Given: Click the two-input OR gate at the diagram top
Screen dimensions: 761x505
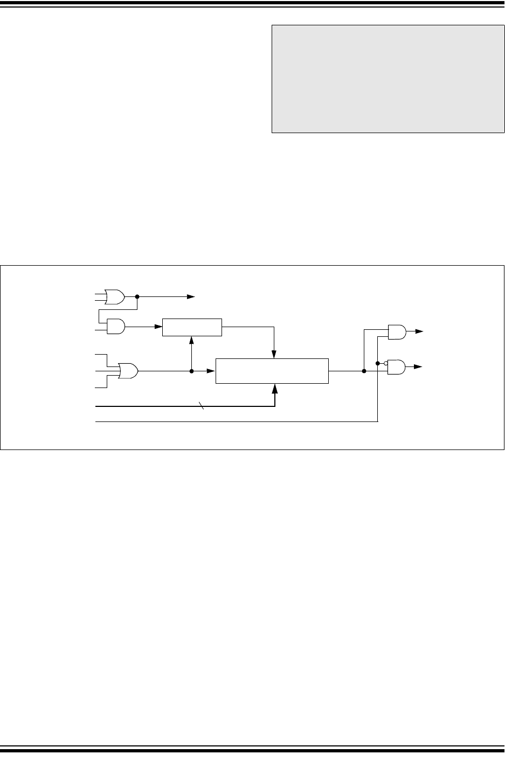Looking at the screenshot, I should (115, 297).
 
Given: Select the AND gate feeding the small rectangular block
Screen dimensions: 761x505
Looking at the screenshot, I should (116, 326).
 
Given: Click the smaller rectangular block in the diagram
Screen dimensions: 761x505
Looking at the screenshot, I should (192, 327).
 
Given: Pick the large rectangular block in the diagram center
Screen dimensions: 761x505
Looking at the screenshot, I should (272, 371).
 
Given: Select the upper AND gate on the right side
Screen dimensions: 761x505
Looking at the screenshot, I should (397, 332).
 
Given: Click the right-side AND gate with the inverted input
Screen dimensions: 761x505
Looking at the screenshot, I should (397, 367).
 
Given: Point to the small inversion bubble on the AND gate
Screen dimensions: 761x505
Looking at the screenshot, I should (386, 363).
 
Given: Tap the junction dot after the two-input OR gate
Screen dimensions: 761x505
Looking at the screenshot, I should (137, 297).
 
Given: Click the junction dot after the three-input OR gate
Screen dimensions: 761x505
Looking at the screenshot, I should (192, 371).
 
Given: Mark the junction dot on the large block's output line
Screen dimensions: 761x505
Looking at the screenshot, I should (364, 371).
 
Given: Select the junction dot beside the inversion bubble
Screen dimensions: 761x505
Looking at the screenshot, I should (378, 363).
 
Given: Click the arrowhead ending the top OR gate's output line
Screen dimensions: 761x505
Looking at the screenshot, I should (191, 297).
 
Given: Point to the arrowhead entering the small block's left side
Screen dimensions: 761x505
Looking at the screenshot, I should (158, 326).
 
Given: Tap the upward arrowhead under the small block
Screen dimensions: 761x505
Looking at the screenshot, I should (192, 340).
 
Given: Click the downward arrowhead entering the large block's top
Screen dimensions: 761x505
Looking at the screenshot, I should (275, 355).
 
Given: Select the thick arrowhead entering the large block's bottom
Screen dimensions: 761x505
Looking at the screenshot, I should (275, 388).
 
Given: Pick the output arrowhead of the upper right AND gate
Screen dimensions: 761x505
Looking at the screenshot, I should (420, 332).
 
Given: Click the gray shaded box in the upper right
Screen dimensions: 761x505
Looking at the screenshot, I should (388, 78).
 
